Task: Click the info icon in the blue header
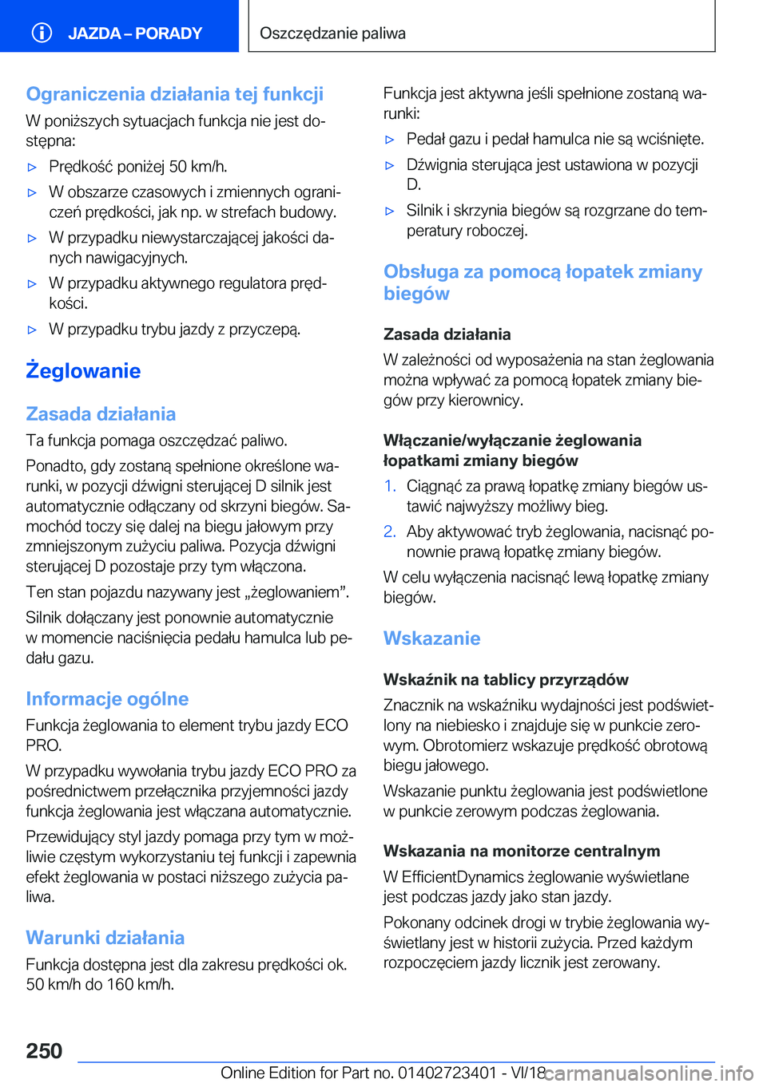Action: point(42,33)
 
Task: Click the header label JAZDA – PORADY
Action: point(134,34)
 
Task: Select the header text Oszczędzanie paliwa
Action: point(332,34)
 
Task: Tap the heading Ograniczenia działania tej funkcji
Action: point(174,94)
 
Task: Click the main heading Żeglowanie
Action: point(83,371)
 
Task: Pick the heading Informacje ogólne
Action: point(107,699)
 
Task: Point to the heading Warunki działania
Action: point(105,938)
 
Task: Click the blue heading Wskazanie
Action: point(431,638)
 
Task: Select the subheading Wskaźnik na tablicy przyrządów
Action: point(506,680)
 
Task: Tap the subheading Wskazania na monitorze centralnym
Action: point(522,852)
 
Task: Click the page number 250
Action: point(44,1051)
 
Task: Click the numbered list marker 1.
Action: point(389,486)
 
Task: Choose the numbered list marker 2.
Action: point(389,532)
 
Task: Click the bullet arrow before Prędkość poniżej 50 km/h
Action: point(33,168)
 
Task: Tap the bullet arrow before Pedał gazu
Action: point(390,140)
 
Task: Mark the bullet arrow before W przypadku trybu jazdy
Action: point(33,330)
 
